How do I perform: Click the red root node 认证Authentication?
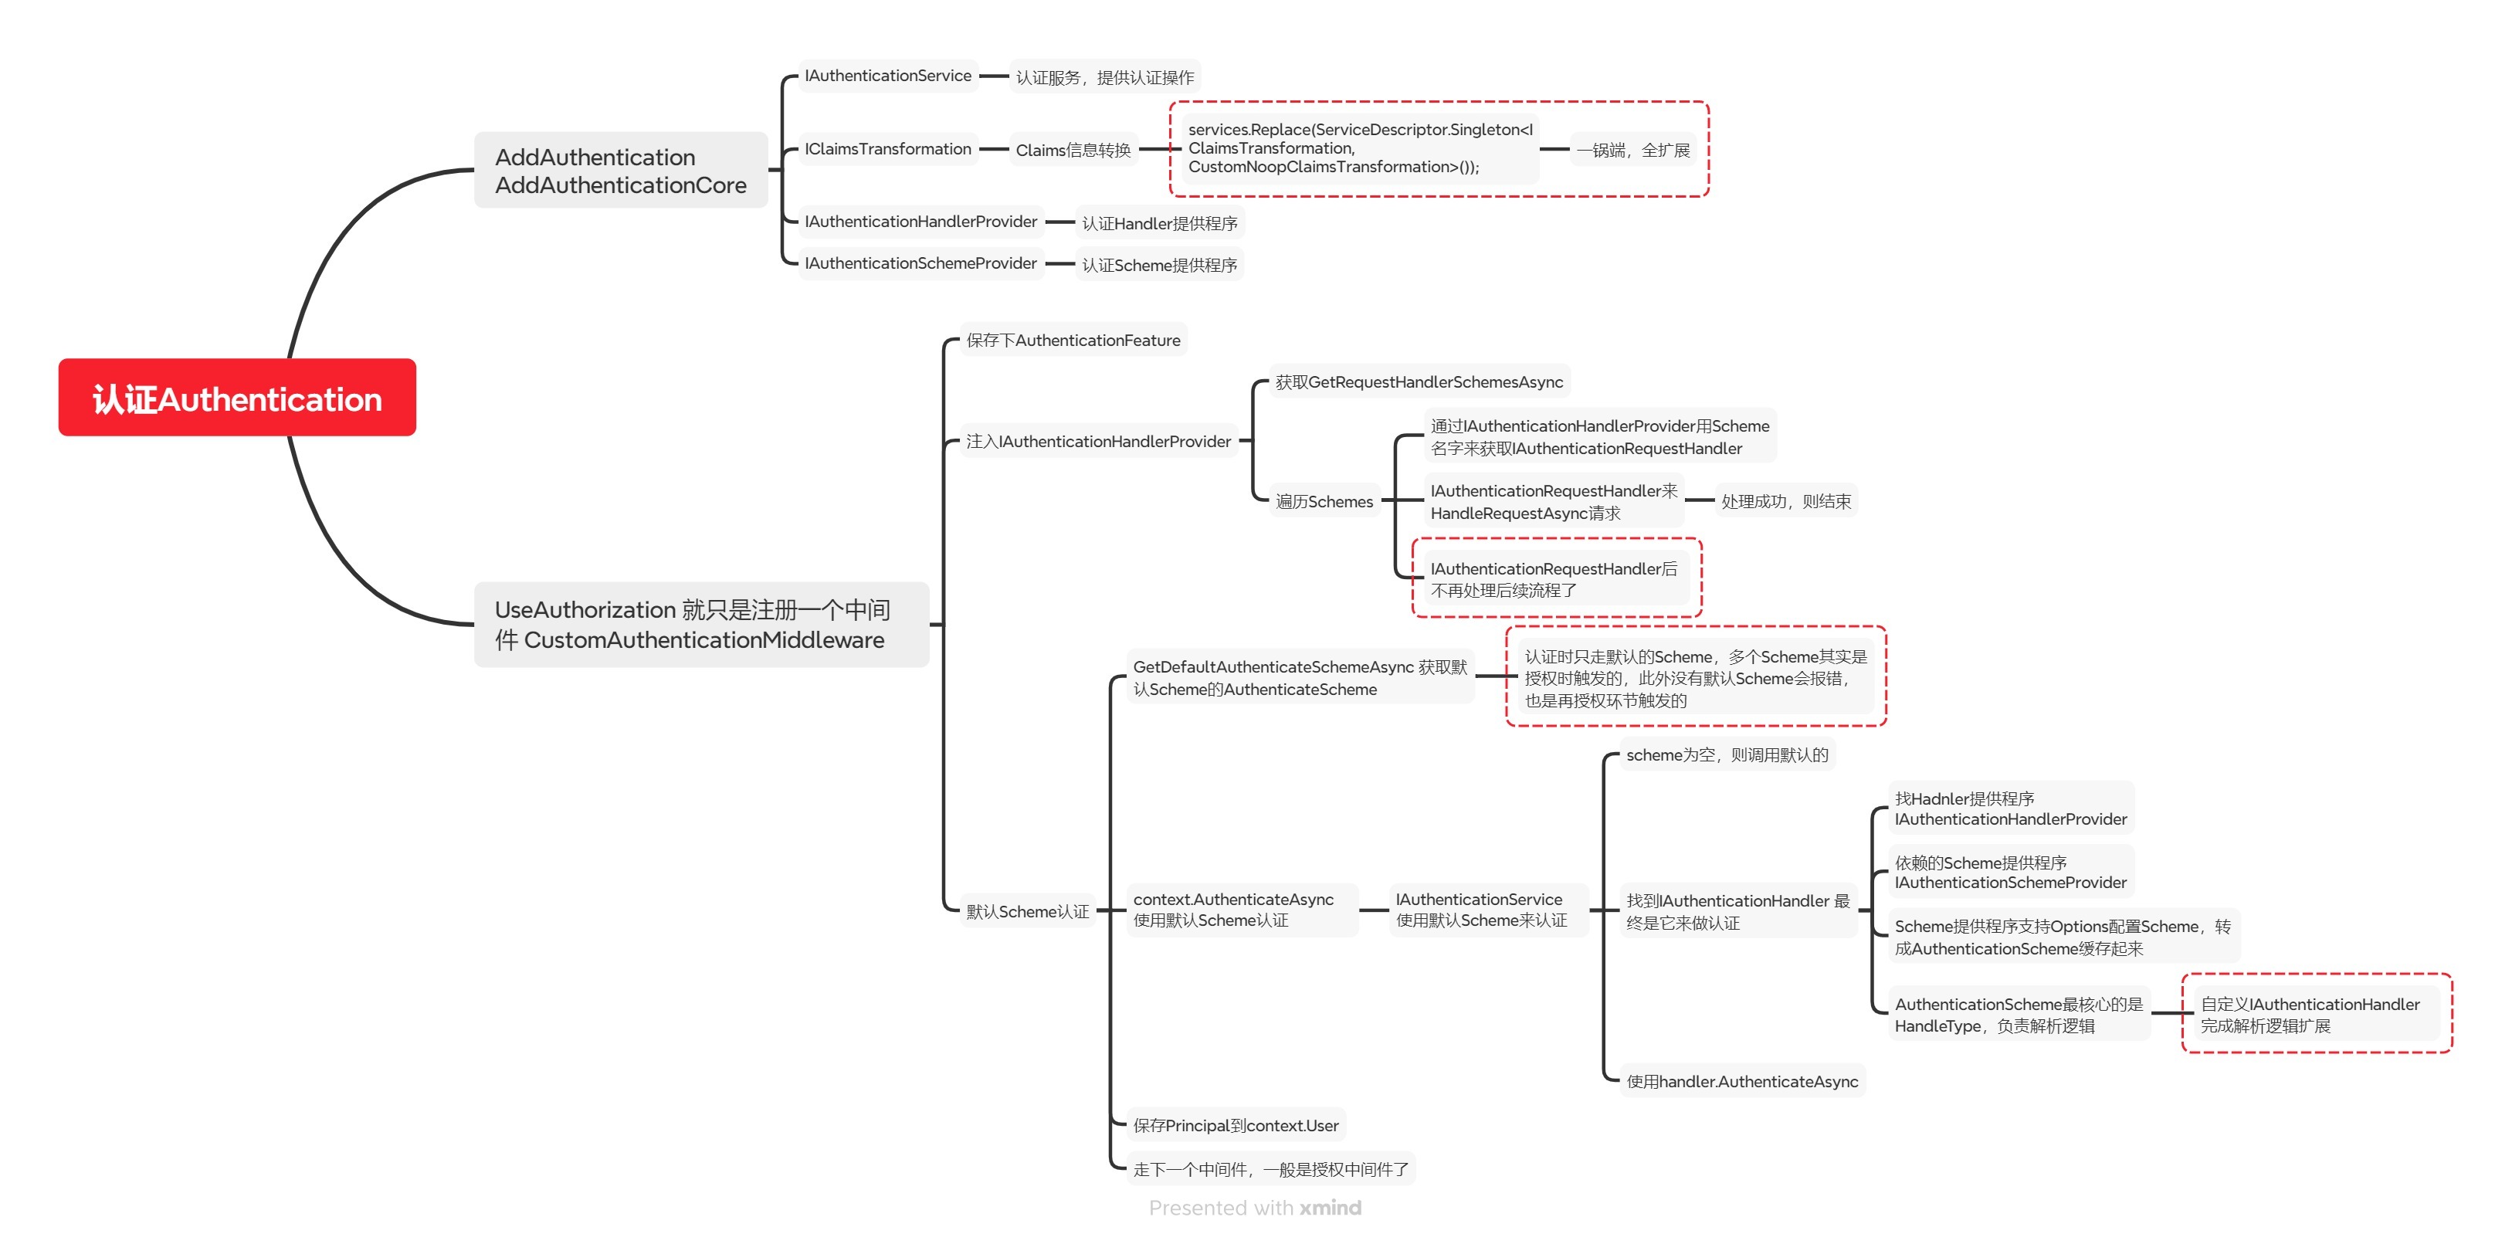tap(237, 398)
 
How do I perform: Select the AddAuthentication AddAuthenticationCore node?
tap(620, 171)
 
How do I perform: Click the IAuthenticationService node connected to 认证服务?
tap(887, 76)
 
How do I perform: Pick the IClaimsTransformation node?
tap(887, 149)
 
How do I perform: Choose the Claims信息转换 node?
tap(1073, 150)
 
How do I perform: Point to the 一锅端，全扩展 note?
tap(1632, 150)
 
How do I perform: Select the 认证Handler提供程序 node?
tap(1159, 223)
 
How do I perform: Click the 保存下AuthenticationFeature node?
tap(1073, 341)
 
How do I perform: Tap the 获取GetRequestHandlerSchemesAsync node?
tap(1419, 382)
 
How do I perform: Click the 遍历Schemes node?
tap(1324, 502)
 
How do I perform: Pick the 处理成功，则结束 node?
tap(1785, 501)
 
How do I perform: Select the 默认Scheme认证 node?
tap(1027, 911)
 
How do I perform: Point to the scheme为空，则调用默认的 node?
tap(1727, 754)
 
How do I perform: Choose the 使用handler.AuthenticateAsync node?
tap(1741, 1081)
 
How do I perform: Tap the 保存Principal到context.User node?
tap(1236, 1125)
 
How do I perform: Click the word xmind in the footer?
tap(1330, 1208)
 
